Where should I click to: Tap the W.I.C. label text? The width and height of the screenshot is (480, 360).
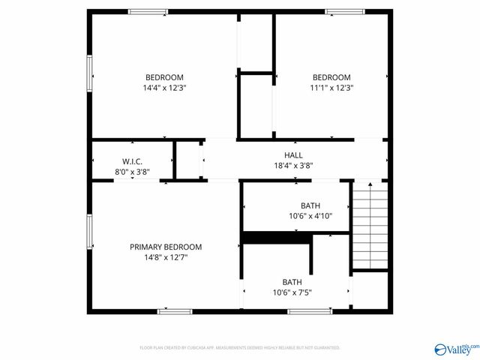(132, 161)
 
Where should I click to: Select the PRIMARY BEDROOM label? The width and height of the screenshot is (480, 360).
(166, 247)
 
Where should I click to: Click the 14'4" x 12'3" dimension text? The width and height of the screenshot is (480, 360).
(164, 88)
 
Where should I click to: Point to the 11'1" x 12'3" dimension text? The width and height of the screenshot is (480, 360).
(331, 88)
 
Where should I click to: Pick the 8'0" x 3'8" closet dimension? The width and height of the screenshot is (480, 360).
(132, 172)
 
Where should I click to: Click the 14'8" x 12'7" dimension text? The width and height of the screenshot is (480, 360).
(166, 257)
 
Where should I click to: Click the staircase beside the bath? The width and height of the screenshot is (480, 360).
(370, 225)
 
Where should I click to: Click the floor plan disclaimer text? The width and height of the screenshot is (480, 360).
(240, 348)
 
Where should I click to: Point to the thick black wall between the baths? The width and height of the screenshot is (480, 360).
(277, 238)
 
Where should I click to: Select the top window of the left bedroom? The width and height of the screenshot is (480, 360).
(148, 11)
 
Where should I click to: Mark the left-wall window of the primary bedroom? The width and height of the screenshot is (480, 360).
(90, 232)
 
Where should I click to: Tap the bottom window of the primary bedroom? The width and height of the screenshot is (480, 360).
(175, 310)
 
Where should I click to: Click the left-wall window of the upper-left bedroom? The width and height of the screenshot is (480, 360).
(90, 72)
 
